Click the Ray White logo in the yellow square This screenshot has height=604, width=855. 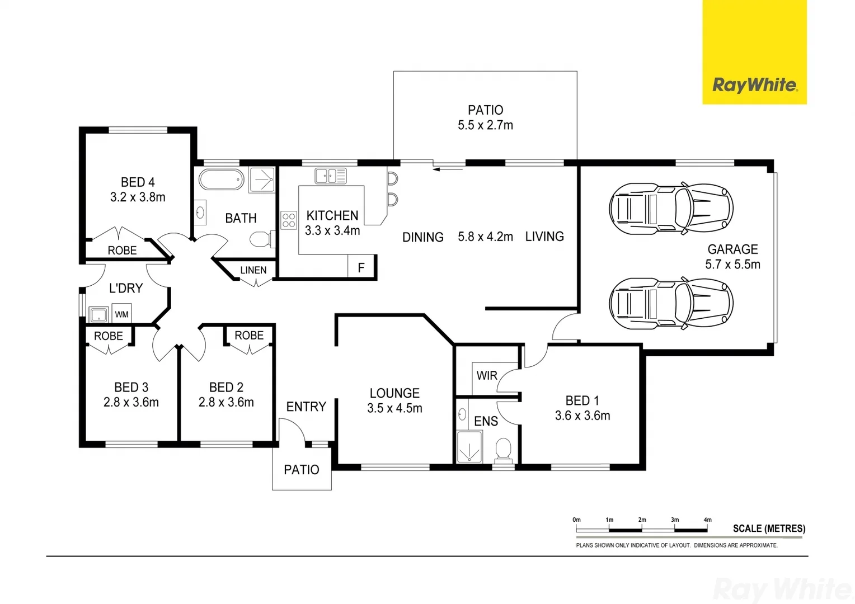click(x=754, y=85)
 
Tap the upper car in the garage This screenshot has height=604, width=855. click(x=671, y=209)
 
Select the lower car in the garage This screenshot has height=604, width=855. click(x=671, y=304)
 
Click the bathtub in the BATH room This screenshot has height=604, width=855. click(x=222, y=180)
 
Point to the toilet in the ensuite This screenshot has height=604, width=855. click(x=503, y=449)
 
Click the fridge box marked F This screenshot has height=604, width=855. click(x=361, y=267)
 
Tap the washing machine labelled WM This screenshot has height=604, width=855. click(x=121, y=314)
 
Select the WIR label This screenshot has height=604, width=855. click(x=487, y=376)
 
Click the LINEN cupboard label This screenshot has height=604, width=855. click(x=253, y=270)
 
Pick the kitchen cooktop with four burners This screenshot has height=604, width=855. click(x=289, y=220)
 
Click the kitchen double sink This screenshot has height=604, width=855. click(x=331, y=176)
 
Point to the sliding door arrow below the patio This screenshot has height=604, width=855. click(x=448, y=168)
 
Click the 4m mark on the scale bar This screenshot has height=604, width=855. click(x=707, y=520)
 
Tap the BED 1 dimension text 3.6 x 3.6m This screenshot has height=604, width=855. click(x=582, y=416)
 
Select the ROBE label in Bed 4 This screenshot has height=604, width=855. click(x=122, y=251)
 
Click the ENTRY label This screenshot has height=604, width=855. click(x=306, y=407)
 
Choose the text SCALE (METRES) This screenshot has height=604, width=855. click(x=769, y=528)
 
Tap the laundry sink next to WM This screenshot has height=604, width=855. click(x=99, y=314)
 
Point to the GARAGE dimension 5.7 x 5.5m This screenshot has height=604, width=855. click(x=732, y=265)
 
